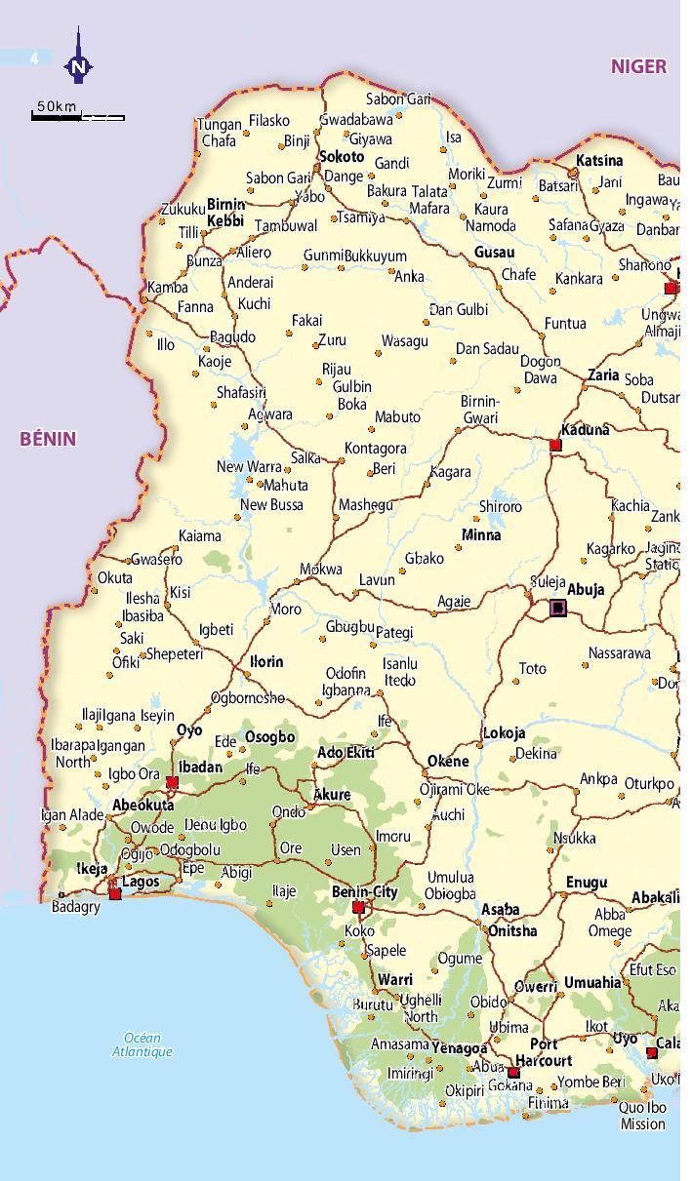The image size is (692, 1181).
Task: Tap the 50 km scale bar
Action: pos(78,117)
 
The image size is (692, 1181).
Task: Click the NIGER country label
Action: pos(638,66)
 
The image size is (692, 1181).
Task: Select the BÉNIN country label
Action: pos(48,439)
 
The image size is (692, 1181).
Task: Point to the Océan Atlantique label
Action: pos(142,1044)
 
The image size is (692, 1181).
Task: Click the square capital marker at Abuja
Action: pos(557,609)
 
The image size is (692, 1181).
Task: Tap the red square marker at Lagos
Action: pos(115,893)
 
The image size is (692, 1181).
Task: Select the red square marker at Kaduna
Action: pos(555,446)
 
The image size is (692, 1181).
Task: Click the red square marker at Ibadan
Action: pos(173,782)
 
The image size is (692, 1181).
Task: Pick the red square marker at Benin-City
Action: pos(358,908)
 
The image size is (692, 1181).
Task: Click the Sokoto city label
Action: pos(342,156)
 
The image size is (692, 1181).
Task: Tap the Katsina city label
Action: pos(599,160)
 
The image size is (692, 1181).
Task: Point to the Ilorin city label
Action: pos(266,662)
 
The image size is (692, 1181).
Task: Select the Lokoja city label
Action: pos(504,733)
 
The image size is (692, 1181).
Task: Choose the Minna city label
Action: pos(481,535)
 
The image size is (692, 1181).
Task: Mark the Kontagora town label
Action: pos(375,449)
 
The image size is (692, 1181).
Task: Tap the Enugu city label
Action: pos(586,883)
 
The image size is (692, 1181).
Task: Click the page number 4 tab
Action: pos(34,59)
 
